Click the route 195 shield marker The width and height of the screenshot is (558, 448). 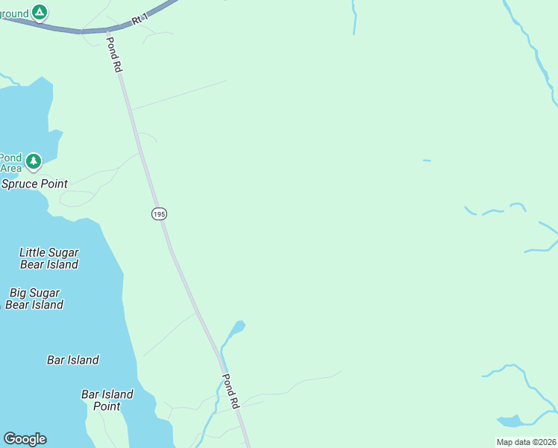click(158, 214)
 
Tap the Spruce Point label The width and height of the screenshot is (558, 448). click(34, 184)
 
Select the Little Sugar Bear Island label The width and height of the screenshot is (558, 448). click(48, 258)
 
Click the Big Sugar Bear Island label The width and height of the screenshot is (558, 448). click(34, 299)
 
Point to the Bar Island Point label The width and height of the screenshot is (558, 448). click(107, 400)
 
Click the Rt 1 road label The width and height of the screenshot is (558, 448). click(139, 19)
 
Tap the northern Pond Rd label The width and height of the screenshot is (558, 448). click(113, 55)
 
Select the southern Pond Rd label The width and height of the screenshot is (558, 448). click(230, 391)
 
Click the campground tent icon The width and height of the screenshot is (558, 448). click(40, 12)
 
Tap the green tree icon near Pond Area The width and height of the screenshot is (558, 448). click(33, 161)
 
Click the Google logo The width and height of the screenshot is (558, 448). click(25, 439)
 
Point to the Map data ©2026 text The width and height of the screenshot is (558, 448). click(526, 442)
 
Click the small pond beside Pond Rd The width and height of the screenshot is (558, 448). click(237, 327)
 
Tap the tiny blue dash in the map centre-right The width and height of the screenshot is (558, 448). click(427, 161)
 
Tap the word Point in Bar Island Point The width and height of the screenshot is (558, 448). click(107, 406)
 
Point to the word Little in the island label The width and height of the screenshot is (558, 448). click(33, 252)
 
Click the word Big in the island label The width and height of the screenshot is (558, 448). click(20, 293)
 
